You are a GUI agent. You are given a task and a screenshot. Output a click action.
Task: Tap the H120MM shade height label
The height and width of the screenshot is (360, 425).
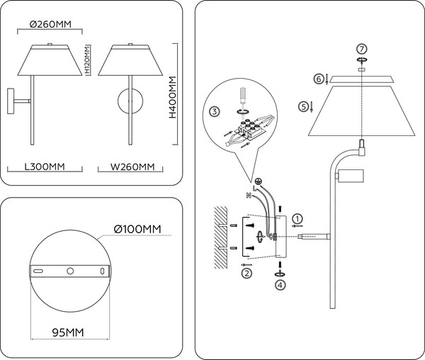[x=86, y=62]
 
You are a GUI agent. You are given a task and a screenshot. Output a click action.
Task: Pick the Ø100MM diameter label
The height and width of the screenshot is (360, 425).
[x=137, y=229]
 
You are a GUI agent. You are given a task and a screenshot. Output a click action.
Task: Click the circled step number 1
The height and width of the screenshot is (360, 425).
[x=297, y=218]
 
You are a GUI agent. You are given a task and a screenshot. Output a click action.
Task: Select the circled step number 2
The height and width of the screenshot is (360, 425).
[x=246, y=272]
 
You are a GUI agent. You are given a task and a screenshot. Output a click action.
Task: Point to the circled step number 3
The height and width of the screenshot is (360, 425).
[x=215, y=111]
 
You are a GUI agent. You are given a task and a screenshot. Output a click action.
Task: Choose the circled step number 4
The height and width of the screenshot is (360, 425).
[x=280, y=284]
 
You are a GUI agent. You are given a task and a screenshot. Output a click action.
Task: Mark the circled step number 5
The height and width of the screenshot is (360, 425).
[x=305, y=106]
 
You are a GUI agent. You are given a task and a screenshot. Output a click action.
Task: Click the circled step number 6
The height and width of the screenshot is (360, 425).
[x=319, y=78]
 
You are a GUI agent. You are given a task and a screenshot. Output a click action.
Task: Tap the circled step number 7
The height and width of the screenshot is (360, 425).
[x=361, y=49]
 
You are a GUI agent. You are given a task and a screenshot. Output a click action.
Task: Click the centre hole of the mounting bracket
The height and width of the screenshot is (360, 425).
[x=69, y=271]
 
